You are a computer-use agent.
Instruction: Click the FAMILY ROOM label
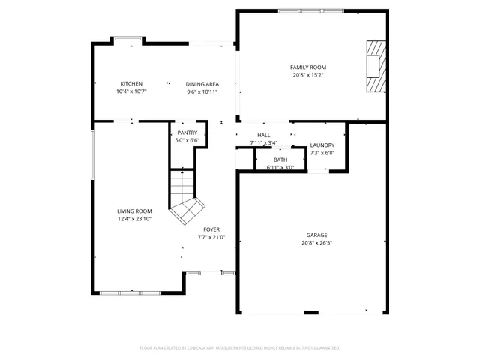click(x=308, y=67)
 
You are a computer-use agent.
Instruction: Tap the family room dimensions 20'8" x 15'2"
click(x=308, y=75)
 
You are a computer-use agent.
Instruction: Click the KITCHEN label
click(x=131, y=83)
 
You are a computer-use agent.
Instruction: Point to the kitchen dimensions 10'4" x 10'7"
click(x=131, y=91)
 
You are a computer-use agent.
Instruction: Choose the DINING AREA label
click(x=202, y=84)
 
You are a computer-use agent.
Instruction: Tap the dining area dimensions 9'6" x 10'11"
click(x=202, y=91)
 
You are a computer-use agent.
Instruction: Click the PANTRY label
click(x=187, y=133)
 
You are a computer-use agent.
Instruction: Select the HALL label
click(x=263, y=135)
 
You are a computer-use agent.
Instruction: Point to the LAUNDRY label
click(x=322, y=145)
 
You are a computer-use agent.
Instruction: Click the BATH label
click(x=280, y=160)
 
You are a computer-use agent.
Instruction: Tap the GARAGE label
click(x=316, y=235)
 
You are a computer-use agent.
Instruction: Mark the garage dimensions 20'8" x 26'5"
click(x=316, y=242)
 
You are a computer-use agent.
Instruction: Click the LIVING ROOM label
click(x=134, y=211)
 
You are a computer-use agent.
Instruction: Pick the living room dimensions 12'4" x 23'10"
click(x=134, y=219)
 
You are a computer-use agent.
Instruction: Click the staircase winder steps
click(x=186, y=209)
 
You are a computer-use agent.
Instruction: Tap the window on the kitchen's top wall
click(x=126, y=38)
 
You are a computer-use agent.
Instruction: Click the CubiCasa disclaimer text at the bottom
click(x=240, y=347)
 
